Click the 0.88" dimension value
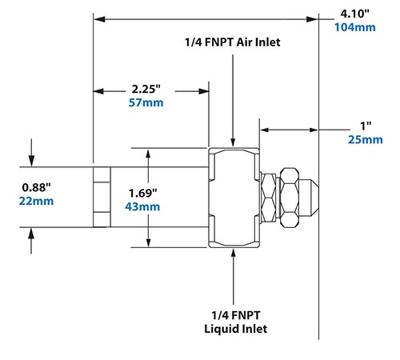37,186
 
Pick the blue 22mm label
37,201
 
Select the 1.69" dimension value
144,193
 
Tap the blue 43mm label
144,207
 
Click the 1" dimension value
366,126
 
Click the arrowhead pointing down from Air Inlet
232,141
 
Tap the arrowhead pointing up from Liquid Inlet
232,254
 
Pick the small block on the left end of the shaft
101,197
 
